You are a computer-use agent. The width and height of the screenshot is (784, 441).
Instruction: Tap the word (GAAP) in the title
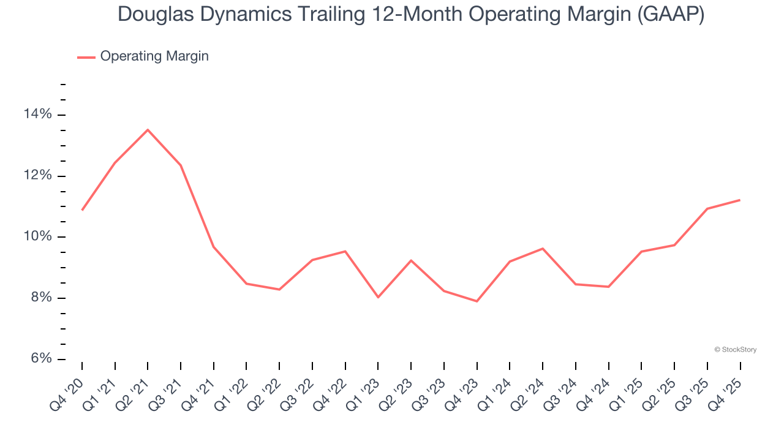671,15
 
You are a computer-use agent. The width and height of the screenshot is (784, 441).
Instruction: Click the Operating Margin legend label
154,56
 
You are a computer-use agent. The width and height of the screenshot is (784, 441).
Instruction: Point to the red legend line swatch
86,57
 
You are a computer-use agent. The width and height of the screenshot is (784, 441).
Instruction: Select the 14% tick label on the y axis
38,115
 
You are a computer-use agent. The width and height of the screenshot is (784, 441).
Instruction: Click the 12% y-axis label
38,176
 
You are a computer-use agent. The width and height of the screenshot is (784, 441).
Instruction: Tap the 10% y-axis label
38,237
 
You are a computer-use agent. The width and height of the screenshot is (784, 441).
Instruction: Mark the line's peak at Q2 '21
148,130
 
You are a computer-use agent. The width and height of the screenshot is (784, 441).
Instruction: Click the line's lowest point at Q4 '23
477,301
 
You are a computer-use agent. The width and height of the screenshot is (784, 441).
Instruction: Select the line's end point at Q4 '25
740,200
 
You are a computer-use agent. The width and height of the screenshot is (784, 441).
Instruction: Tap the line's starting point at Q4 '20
82,210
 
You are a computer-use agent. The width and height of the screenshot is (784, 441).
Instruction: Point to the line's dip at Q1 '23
378,297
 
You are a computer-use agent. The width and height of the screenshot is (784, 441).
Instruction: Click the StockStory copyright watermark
735,350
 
